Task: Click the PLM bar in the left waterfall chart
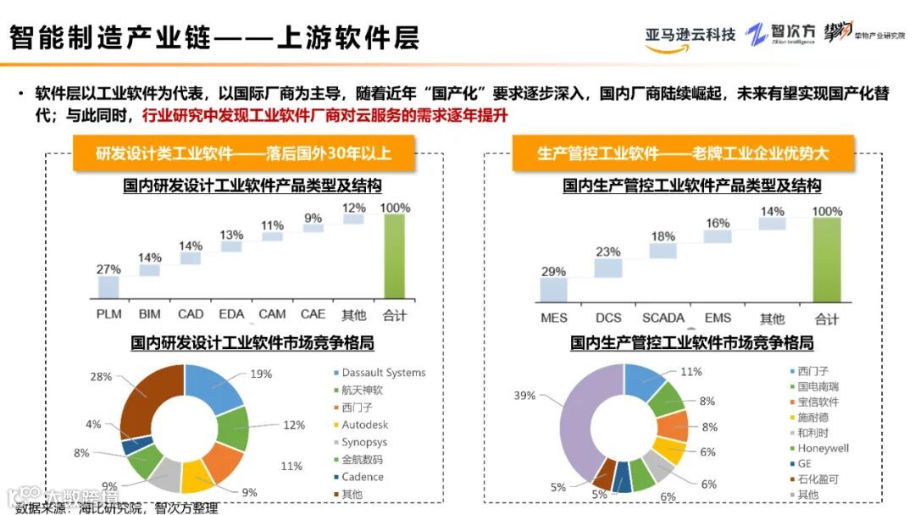tap(108, 287)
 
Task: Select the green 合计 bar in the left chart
tap(395, 256)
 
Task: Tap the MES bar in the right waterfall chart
tap(553, 290)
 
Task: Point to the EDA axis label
tap(231, 314)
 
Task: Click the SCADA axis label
tap(663, 318)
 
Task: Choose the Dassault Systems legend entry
tap(383, 373)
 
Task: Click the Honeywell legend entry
tap(822, 448)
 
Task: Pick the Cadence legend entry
tap(363, 477)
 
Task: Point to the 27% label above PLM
tap(108, 269)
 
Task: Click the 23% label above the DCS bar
tap(608, 252)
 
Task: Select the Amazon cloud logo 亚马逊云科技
tap(690, 36)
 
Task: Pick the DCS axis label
tap(608, 318)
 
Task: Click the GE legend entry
tap(805, 464)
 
